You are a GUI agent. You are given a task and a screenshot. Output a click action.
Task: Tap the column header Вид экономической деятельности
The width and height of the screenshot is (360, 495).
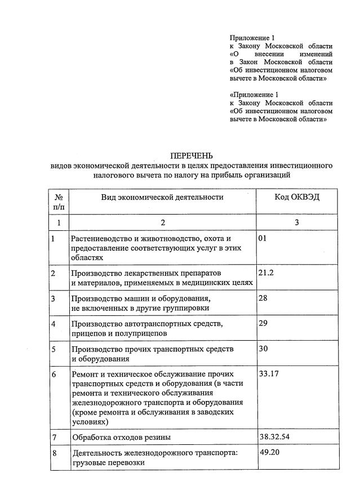click(x=162, y=197)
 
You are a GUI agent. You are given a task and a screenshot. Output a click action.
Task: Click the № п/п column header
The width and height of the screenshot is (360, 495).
click(x=59, y=202)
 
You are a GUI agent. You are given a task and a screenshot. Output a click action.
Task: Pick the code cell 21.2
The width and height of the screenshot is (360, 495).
click(x=266, y=272)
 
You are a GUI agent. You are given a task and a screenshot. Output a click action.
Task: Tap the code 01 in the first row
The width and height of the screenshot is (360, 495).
click(x=262, y=238)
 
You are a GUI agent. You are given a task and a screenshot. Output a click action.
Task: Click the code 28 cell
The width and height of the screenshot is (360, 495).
click(x=263, y=297)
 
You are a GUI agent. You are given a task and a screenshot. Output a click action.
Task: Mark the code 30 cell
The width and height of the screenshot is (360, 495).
click(x=263, y=349)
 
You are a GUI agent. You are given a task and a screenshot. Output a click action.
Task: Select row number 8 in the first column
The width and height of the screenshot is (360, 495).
click(x=53, y=453)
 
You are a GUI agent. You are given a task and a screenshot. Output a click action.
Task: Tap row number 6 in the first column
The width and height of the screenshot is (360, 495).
click(x=53, y=374)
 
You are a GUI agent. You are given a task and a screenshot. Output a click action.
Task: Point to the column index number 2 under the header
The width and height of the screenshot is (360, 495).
click(x=163, y=222)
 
